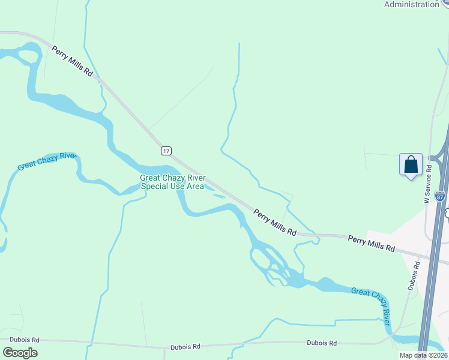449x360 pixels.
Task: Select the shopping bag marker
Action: pyautogui.click(x=411, y=164)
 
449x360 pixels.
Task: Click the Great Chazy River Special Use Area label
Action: pyautogui.click(x=172, y=182)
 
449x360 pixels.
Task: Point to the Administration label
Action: pyautogui.click(x=411, y=4)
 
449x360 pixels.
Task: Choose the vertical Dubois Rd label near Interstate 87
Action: pyautogui.click(x=413, y=275)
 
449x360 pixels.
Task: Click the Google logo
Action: pyautogui.click(x=20, y=353)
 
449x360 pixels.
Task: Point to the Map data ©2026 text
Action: pyautogui.click(x=423, y=355)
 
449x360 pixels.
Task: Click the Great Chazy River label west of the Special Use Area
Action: pyautogui.click(x=47, y=161)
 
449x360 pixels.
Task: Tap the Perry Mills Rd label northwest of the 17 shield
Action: pyautogui.click(x=73, y=61)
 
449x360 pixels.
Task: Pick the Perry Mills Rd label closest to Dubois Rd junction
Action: pyautogui.click(x=372, y=244)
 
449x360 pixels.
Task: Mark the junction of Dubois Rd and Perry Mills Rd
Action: pyautogui.click(x=419, y=254)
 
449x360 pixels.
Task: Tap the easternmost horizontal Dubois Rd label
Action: pyautogui.click(x=321, y=343)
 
